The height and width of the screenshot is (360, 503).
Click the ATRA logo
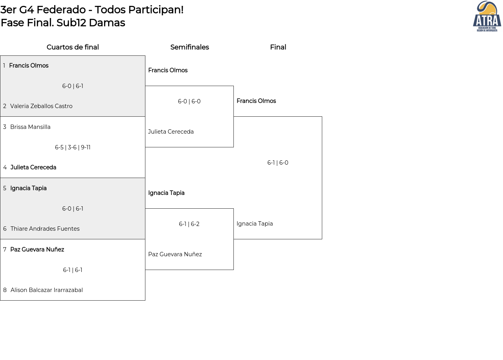(487, 16)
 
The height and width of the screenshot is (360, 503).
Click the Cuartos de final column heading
(73, 47)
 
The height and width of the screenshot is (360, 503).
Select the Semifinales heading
(189, 47)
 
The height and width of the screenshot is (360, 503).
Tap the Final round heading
(278, 47)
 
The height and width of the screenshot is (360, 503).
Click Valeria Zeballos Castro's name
(41, 106)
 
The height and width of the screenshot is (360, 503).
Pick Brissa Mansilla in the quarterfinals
(30, 127)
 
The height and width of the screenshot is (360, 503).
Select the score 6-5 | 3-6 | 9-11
(73, 147)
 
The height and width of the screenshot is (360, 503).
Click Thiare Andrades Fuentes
(45, 229)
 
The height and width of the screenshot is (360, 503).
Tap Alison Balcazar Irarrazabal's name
(46, 290)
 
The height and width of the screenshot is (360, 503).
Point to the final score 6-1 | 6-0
(277, 163)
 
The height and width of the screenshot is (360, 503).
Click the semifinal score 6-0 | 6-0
(189, 101)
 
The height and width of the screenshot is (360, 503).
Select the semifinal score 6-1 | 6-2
(189, 224)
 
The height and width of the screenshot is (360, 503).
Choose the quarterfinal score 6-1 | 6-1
(73, 270)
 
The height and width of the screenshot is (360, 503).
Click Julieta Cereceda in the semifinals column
(171, 132)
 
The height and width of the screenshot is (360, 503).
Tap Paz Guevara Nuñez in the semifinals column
(175, 254)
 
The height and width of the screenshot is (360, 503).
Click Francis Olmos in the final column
(256, 101)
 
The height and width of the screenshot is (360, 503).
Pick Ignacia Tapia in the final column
(255, 224)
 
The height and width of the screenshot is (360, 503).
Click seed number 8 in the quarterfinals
(5, 290)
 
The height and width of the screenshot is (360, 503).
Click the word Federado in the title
(61, 10)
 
